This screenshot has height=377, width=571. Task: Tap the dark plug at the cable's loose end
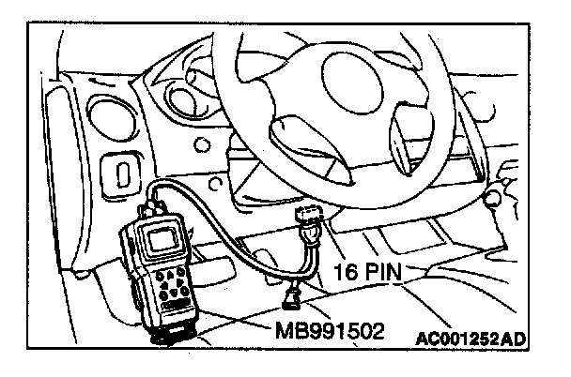point(293,300)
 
